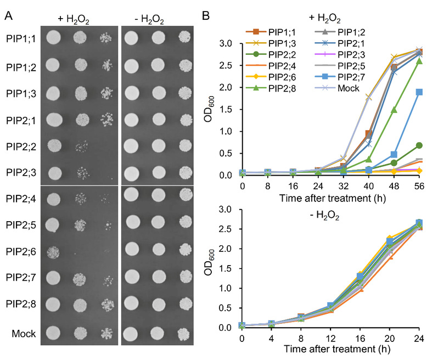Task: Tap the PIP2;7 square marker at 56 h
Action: coord(419,92)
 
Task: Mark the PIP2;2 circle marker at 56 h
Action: coord(419,145)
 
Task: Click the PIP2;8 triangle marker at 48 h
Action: coord(394,110)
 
